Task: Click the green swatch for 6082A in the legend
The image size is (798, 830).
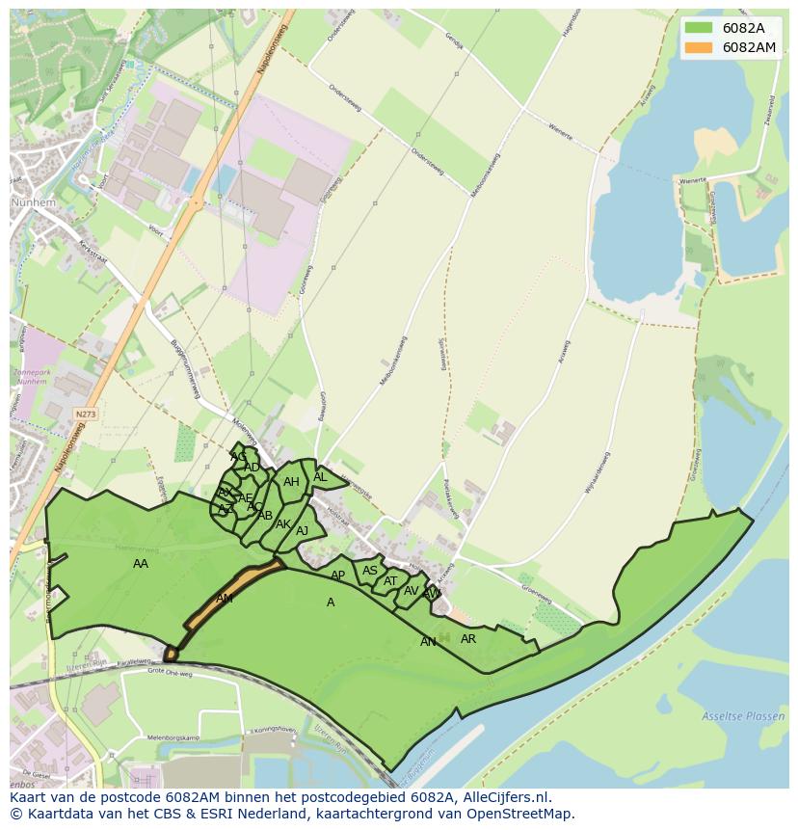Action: click(700, 28)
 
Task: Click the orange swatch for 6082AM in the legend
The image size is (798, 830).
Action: click(700, 47)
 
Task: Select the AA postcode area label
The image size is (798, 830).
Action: click(141, 564)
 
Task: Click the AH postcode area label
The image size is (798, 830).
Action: click(291, 482)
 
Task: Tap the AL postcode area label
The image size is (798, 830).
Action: click(320, 477)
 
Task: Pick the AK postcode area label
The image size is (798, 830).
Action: click(283, 524)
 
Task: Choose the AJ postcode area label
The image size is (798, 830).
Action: click(303, 531)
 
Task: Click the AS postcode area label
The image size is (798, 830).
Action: click(370, 571)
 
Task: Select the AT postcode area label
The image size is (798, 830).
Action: click(390, 581)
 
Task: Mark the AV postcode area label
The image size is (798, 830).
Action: click(412, 591)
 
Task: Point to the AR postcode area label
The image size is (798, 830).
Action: click(468, 639)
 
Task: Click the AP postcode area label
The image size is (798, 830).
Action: click(337, 576)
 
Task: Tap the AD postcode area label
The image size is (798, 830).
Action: click(252, 468)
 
